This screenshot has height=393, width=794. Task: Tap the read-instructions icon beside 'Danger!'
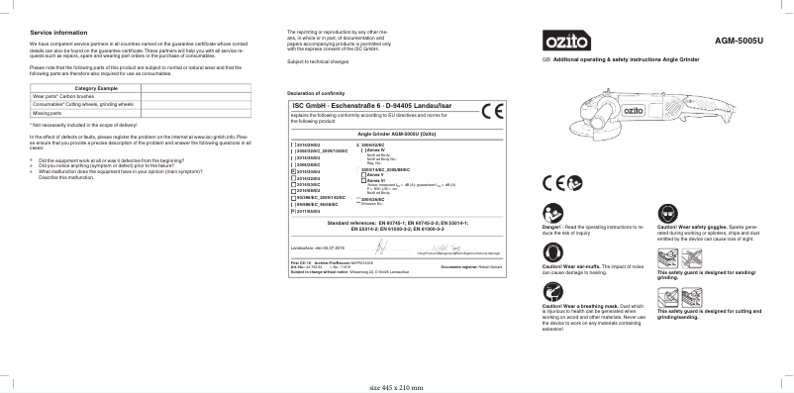(552, 213)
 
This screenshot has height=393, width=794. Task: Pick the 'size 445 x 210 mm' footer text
(396, 387)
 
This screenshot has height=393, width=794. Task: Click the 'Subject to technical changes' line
(318, 61)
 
